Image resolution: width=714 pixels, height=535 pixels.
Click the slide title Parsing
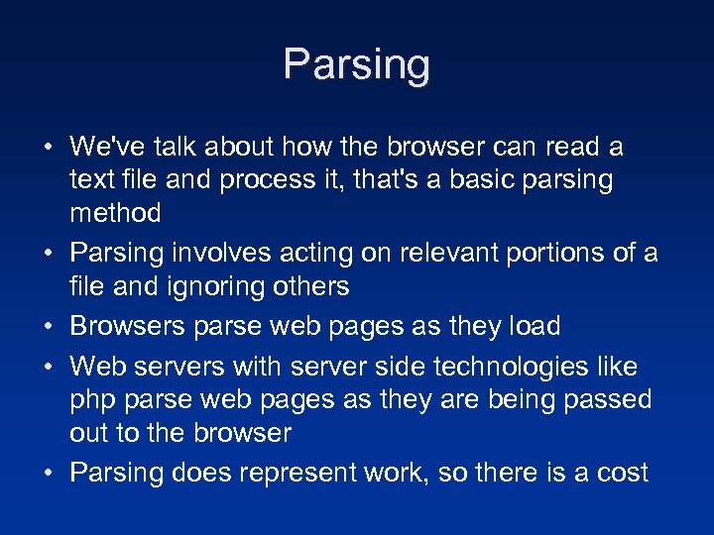coord(356,64)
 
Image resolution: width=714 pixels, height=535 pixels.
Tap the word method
coord(115,213)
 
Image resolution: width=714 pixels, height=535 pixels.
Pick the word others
coord(312,287)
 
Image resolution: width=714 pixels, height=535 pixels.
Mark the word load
coord(534,326)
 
